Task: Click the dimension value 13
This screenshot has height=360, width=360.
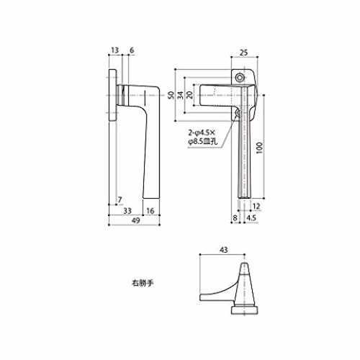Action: point(115,50)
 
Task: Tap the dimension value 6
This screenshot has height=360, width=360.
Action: point(132,50)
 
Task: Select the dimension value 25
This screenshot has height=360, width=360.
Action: point(243,53)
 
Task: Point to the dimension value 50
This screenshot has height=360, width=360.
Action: point(171,95)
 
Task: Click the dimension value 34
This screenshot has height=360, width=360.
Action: point(181,95)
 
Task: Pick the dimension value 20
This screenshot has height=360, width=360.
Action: point(189,95)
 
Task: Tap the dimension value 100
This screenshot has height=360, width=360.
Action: point(260,148)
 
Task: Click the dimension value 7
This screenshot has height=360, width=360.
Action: point(120,199)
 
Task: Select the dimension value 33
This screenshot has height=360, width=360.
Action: point(127,211)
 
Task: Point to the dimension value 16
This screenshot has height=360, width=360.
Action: point(150,211)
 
